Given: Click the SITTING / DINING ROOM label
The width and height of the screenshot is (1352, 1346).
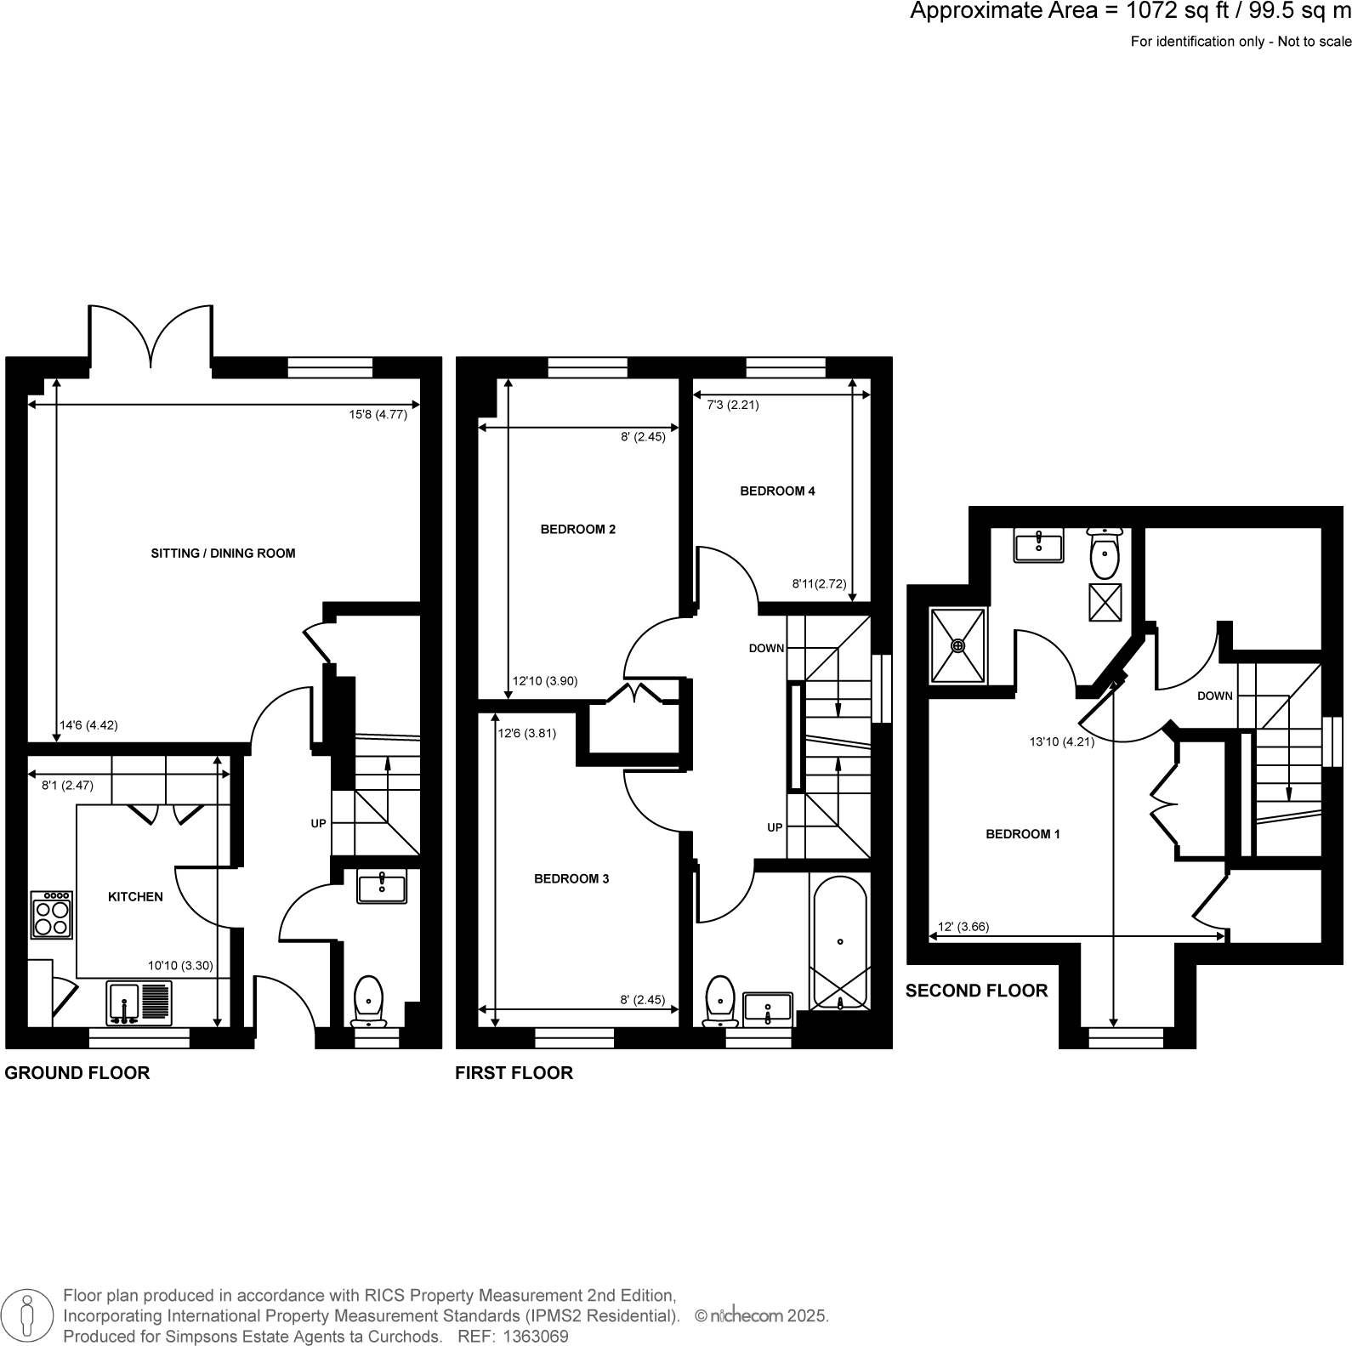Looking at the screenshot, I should point(223,554).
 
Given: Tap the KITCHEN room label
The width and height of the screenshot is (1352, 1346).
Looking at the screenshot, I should point(135,897).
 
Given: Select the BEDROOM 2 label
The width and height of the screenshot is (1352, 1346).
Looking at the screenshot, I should point(577,530).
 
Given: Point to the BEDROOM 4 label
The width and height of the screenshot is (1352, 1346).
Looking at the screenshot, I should point(777,491).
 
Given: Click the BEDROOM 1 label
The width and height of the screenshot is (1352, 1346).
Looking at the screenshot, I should point(1022,834).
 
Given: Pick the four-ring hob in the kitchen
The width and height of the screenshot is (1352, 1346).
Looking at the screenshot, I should point(51,914).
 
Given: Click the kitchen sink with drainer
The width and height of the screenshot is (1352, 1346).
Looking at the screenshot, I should point(139,1002).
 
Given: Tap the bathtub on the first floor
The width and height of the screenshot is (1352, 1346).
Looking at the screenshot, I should point(840,942).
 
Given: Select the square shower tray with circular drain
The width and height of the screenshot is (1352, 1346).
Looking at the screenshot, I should point(958,645).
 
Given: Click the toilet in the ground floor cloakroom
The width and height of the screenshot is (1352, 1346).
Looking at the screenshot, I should point(368,998).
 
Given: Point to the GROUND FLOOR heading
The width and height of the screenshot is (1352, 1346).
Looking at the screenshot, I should point(77,1073).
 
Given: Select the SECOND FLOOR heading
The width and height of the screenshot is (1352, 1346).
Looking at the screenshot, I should point(976,991).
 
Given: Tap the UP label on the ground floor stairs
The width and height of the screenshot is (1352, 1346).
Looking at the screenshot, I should point(318,824).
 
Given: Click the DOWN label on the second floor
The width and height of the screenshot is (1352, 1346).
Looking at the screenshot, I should point(1214,696).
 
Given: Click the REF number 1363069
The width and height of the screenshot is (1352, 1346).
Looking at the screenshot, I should point(536,1337).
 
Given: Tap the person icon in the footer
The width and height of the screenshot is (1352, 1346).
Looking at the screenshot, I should point(28,1315).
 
